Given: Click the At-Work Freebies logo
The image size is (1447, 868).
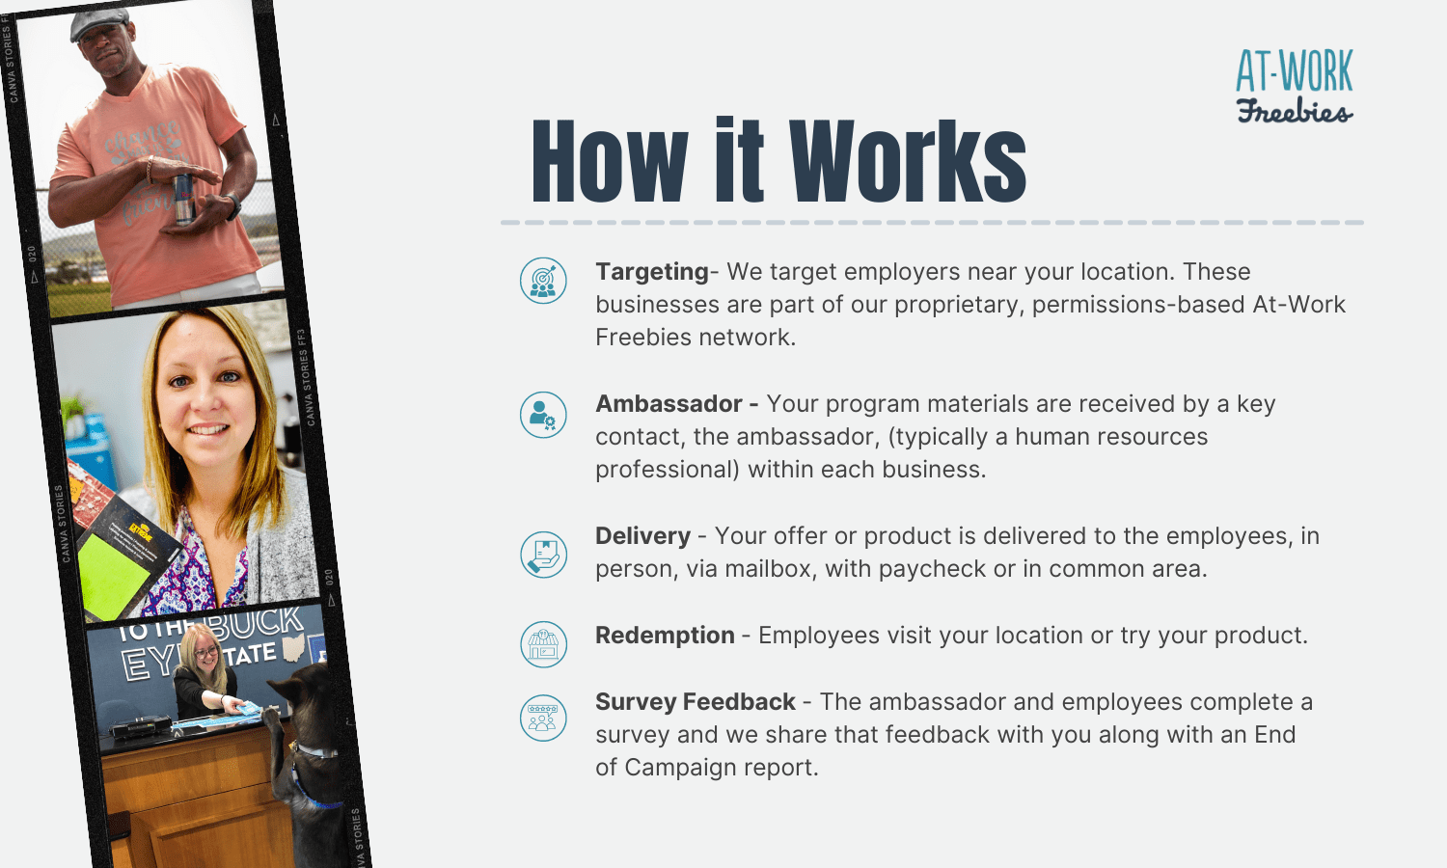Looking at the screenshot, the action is (1295, 86).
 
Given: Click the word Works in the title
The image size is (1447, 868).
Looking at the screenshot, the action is (908, 161).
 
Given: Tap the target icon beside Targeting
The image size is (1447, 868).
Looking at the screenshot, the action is (543, 281).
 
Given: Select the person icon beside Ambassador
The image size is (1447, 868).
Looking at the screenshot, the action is (543, 415).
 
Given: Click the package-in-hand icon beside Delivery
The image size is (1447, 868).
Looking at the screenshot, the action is (543, 555).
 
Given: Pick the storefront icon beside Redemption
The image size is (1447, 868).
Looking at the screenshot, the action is (543, 644).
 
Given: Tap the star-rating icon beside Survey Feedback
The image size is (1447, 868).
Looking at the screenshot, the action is (543, 719).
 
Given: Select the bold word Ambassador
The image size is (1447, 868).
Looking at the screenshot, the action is (669, 404).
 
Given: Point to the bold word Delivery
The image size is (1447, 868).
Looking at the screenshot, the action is (642, 536).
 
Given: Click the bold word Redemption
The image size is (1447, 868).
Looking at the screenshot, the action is (665, 636).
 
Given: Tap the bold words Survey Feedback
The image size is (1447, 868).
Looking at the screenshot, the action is (696, 701).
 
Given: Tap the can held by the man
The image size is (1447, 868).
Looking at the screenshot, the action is (183, 200).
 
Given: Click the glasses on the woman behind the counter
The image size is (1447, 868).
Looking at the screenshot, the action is (205, 652).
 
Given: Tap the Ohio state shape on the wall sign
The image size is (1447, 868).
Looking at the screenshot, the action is (294, 647).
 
